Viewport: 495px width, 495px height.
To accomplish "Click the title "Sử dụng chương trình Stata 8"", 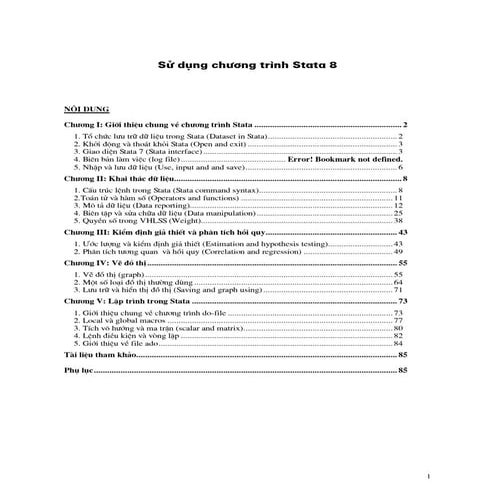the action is tap(247, 68).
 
